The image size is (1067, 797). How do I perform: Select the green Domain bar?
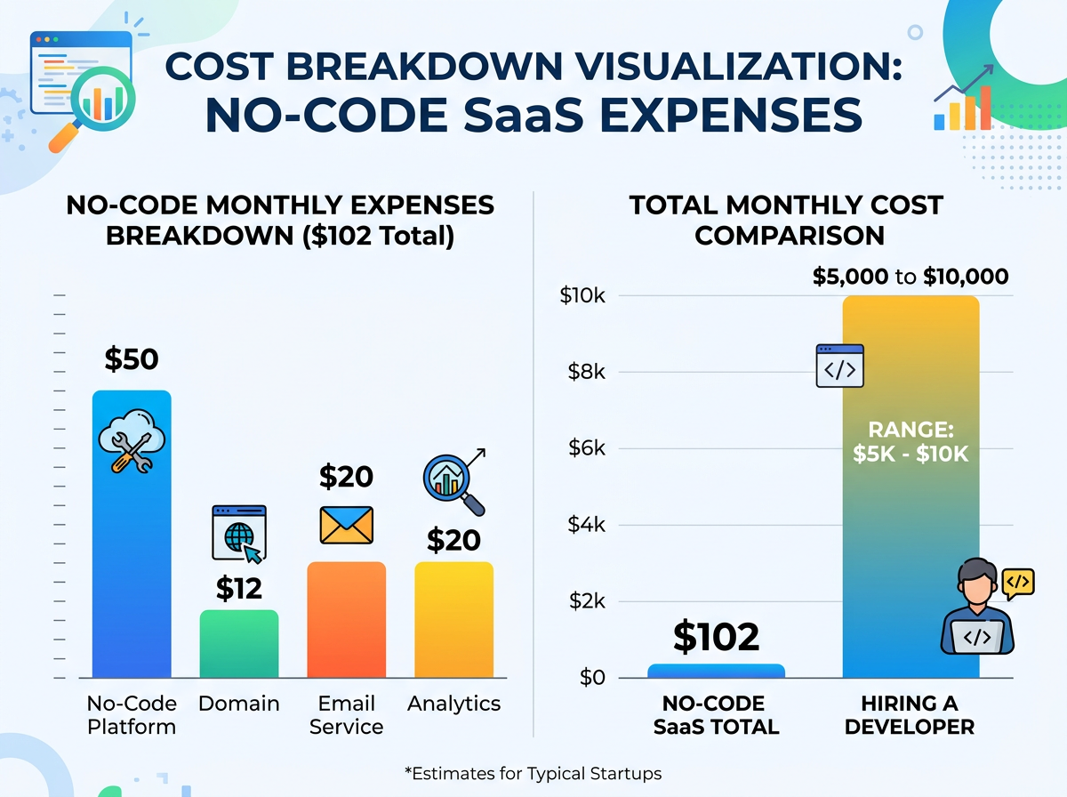tap(239, 644)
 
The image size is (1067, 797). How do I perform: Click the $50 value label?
tap(132, 359)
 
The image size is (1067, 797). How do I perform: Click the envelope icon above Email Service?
tap(346, 525)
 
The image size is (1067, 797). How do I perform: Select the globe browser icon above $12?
tap(238, 535)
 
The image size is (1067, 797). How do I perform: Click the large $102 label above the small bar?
tap(716, 637)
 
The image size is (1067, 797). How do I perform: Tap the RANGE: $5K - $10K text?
tap(911, 443)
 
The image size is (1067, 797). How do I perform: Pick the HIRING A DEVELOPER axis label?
tap(910, 715)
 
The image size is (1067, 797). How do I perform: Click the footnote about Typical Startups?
tap(533, 773)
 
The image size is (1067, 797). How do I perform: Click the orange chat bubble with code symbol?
tap(1018, 582)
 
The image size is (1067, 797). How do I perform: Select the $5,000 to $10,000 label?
tap(911, 277)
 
